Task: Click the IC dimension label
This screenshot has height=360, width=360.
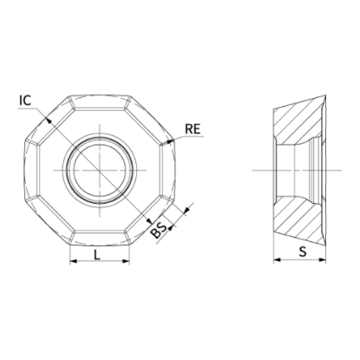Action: pos(25,101)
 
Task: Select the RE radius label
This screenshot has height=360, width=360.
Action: pos(193,128)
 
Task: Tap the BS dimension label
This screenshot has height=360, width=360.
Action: pos(160,230)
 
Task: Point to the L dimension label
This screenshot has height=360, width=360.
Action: pos(97,255)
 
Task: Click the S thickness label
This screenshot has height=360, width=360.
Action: pos(303,252)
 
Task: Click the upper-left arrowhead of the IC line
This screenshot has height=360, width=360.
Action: pos(49,120)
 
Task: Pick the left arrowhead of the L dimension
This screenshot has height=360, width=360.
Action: pos(74,261)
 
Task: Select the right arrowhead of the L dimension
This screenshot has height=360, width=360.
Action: pos(126,261)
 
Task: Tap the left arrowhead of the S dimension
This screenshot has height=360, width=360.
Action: pos(277,259)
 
